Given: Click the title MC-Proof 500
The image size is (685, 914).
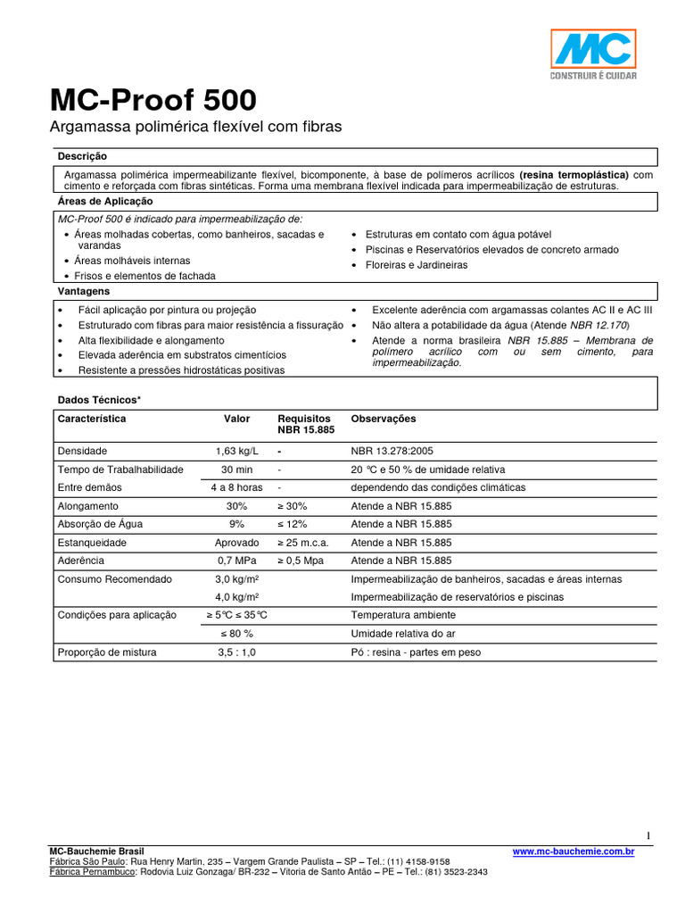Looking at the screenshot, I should pyautogui.click(x=153, y=99).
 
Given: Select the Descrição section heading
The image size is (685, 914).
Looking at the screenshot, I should pyautogui.click(x=82, y=156).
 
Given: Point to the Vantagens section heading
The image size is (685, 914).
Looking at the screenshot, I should pyautogui.click(x=84, y=291).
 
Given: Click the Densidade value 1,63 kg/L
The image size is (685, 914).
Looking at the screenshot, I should pyautogui.click(x=236, y=451).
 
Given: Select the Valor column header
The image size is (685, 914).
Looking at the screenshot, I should pyautogui.click(x=236, y=419).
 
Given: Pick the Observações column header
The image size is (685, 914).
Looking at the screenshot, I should pyautogui.click(x=384, y=419).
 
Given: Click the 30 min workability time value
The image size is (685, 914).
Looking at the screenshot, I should pyautogui.click(x=236, y=469).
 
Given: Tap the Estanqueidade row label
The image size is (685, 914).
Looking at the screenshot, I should pyautogui.click(x=93, y=542).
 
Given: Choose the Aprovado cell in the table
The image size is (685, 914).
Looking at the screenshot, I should pyautogui.click(x=236, y=542).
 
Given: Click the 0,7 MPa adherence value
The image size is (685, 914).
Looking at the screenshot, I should pyautogui.click(x=236, y=561).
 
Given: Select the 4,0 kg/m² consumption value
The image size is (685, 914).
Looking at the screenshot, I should pyautogui.click(x=236, y=597).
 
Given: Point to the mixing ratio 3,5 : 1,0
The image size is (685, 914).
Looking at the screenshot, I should pyautogui.click(x=236, y=652).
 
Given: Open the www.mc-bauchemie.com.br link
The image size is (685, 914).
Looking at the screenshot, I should pyautogui.click(x=574, y=852).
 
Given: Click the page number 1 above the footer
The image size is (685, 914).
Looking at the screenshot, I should pyautogui.click(x=648, y=835).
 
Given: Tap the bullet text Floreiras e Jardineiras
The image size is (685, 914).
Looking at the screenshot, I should pyautogui.click(x=416, y=265).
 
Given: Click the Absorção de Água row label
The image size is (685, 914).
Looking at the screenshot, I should pyautogui.click(x=99, y=524).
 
